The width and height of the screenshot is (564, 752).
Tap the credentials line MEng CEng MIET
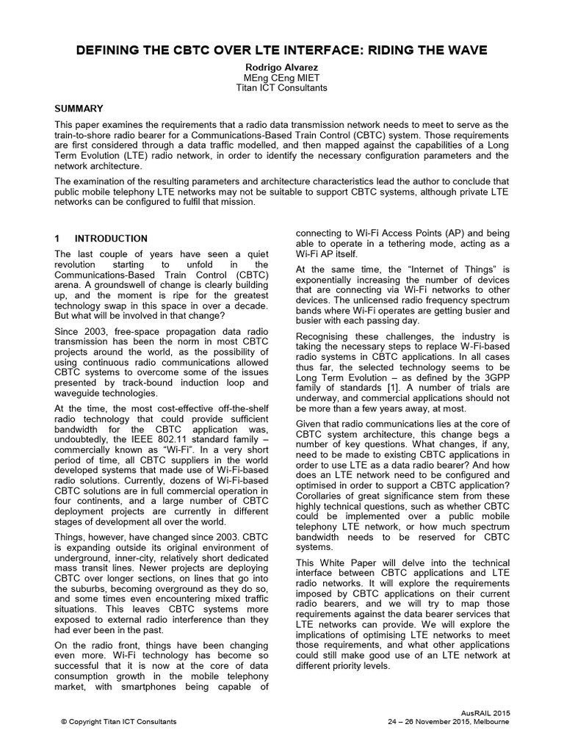[282, 77]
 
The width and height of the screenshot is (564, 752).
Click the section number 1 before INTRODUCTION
[59, 239]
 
